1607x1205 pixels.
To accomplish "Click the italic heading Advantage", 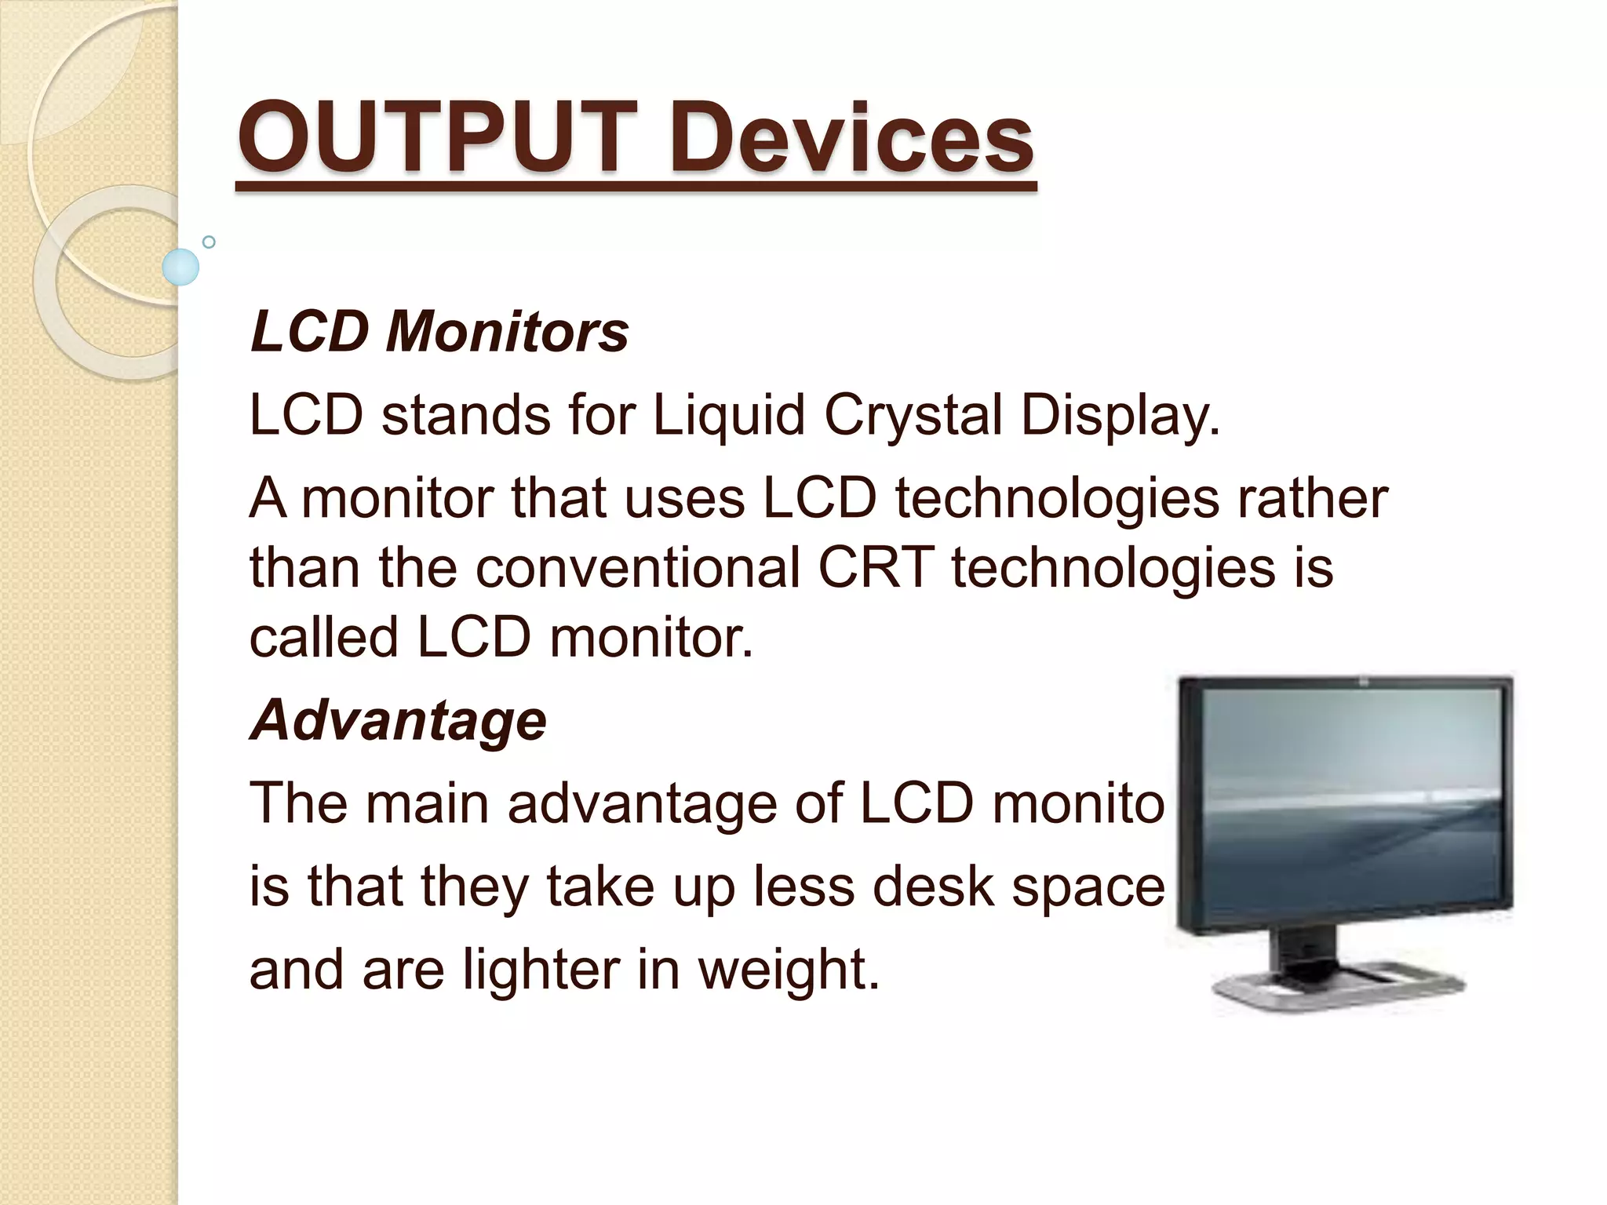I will click(398, 719).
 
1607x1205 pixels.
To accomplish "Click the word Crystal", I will click(913, 415).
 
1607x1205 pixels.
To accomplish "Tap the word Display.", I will click(1121, 415).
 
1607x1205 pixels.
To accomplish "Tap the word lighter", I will click(541, 970).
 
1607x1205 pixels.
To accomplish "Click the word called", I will click(323, 636).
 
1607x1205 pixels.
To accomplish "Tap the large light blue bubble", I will click(180, 267).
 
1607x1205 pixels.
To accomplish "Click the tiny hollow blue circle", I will click(209, 242).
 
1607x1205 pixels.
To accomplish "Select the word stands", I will click(466, 415).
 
